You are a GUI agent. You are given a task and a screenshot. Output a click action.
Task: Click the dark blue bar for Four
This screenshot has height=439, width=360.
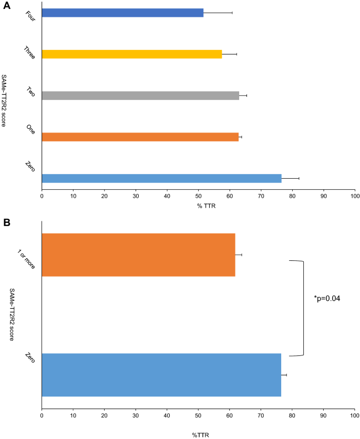pos(122,13)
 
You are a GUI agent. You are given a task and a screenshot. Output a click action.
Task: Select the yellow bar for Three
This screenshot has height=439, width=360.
pos(132,54)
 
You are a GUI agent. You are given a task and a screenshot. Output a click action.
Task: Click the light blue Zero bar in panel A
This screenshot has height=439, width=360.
pos(161,178)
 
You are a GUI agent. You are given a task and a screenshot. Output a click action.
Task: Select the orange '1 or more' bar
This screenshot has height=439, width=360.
pos(138,254)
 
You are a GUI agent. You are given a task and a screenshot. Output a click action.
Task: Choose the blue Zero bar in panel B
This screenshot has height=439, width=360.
pos(161,375)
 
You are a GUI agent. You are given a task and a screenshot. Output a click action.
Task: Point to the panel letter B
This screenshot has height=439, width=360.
pos(7,222)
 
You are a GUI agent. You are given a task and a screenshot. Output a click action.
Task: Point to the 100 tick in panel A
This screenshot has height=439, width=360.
pos(355,196)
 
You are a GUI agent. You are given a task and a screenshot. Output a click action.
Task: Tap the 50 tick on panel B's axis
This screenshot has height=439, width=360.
pos(198,414)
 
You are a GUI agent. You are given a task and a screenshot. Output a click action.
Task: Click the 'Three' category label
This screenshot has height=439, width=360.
pos(29,52)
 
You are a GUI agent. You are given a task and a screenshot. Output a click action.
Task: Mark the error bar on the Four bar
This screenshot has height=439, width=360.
pos(218,12)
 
